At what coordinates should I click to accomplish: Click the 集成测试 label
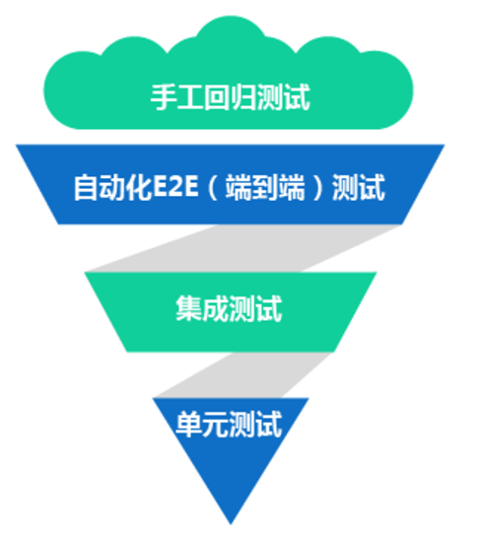(x=229, y=308)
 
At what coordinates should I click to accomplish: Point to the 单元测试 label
(x=229, y=424)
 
